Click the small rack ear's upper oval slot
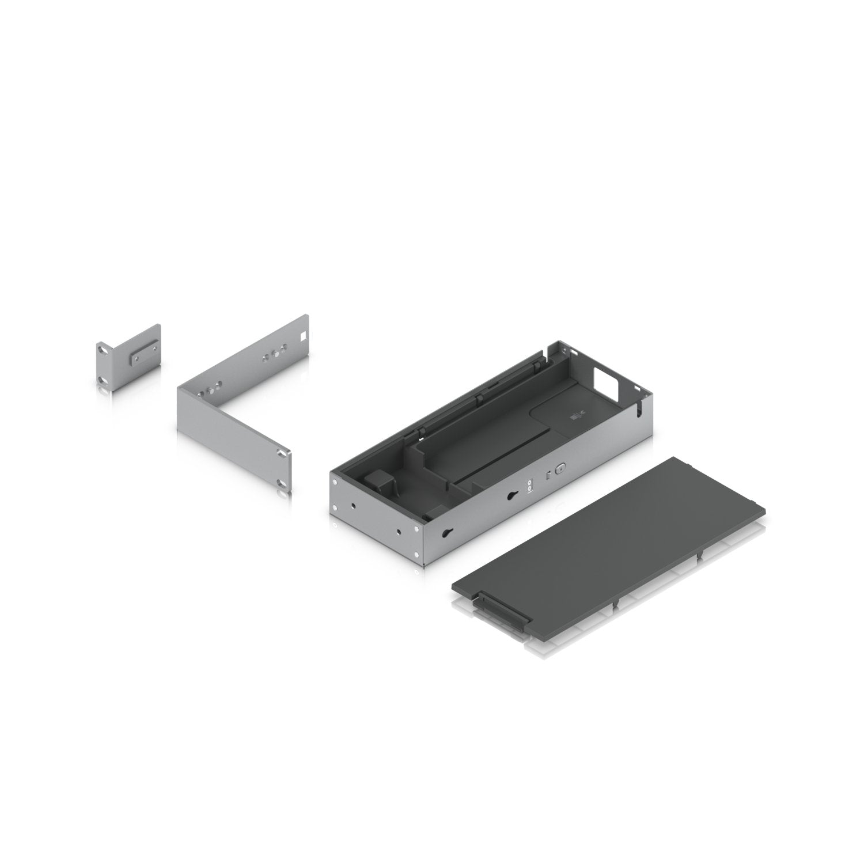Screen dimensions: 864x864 click(x=101, y=349)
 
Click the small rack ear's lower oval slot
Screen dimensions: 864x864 click(x=101, y=380)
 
